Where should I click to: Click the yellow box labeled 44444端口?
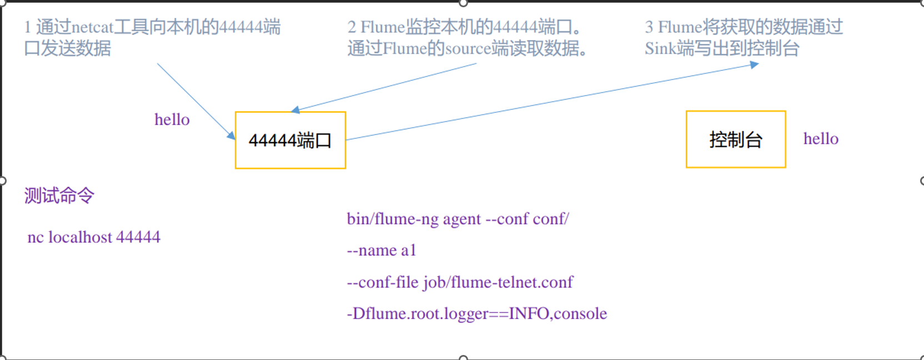coord(290,140)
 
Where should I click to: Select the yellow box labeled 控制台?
coord(736,139)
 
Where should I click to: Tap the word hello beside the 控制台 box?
coord(821,139)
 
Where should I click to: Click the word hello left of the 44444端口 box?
coord(172,119)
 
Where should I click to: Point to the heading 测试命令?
coord(59,196)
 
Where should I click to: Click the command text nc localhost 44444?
coord(94,237)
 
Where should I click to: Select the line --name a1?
coord(381,251)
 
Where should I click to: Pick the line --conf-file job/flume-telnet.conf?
coord(460,282)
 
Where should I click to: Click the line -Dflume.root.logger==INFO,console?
coord(476,314)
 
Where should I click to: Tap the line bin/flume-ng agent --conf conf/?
coord(458,219)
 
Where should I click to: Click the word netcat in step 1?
coord(92,27)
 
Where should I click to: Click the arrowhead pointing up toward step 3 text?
coord(754,65)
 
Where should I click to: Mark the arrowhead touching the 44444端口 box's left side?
coord(231,136)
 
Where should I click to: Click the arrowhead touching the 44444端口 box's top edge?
coord(295,110)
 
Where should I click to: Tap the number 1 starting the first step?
coord(28,27)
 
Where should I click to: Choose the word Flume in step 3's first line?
coord(680,27)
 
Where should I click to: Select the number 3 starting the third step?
coord(649,27)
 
